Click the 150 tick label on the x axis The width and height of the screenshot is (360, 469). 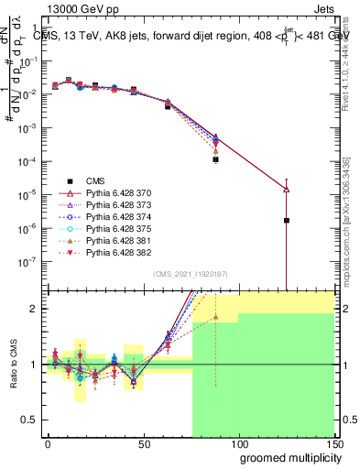[x=334, y=446]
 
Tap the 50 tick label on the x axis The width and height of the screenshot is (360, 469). [x=144, y=446]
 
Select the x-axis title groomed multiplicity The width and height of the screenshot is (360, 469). [x=286, y=459]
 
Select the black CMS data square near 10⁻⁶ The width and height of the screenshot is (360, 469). [x=287, y=220]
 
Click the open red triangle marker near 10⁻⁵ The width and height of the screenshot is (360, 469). [x=287, y=190]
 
